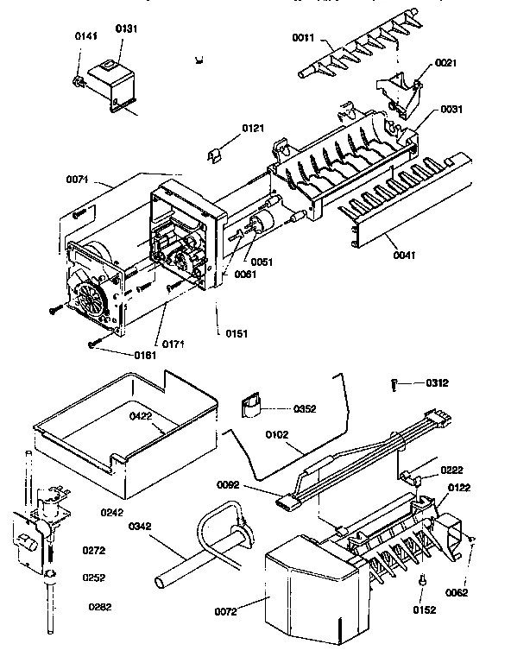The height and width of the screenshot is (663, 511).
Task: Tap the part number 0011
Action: (x=303, y=38)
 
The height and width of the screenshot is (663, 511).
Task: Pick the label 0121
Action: (x=252, y=129)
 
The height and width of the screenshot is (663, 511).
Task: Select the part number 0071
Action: (x=78, y=180)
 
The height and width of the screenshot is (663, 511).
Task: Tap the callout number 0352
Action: (x=306, y=409)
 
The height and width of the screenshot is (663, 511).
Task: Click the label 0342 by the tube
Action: (x=142, y=526)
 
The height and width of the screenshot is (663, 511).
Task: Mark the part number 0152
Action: (x=424, y=609)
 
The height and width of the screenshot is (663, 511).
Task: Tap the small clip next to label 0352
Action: (x=253, y=405)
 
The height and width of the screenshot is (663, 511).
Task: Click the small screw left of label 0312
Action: (x=394, y=384)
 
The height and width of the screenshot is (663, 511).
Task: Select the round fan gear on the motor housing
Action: (x=91, y=303)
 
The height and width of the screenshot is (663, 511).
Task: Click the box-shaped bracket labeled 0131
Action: (x=108, y=76)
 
